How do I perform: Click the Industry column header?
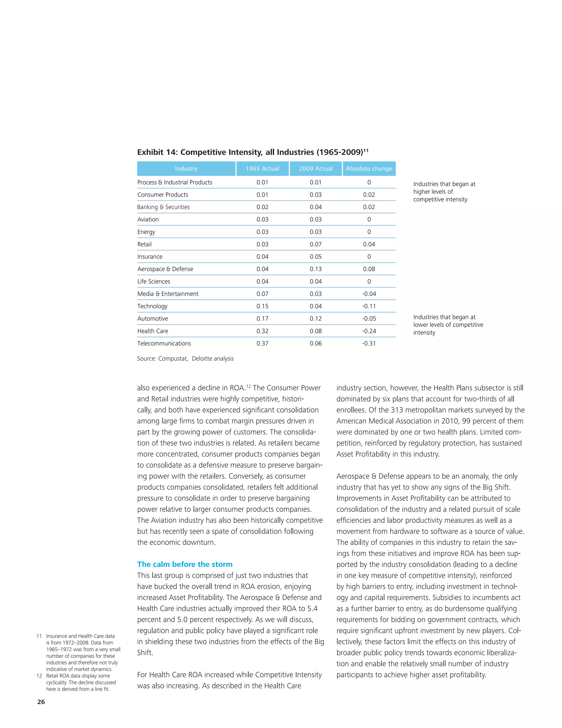click(x=186, y=169)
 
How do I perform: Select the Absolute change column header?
click(x=369, y=169)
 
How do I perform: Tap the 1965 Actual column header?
click(x=262, y=169)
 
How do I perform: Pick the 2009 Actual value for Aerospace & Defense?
click(x=316, y=269)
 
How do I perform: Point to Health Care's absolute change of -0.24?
click(x=369, y=331)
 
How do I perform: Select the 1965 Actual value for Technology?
click(x=262, y=306)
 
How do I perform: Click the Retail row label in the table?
click(x=145, y=244)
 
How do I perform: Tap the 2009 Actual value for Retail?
click(x=316, y=244)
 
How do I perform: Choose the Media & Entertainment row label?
click(x=168, y=294)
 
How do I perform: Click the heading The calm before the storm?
click(x=185, y=564)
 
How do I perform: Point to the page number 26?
click(x=41, y=702)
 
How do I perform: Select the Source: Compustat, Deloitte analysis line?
click(x=186, y=359)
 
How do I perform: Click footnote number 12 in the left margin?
click(x=39, y=676)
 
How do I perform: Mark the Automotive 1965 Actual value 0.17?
click(x=262, y=319)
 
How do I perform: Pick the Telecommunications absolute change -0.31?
click(x=369, y=343)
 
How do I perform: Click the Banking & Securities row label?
click(x=164, y=207)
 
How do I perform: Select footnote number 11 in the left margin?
click(x=39, y=636)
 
